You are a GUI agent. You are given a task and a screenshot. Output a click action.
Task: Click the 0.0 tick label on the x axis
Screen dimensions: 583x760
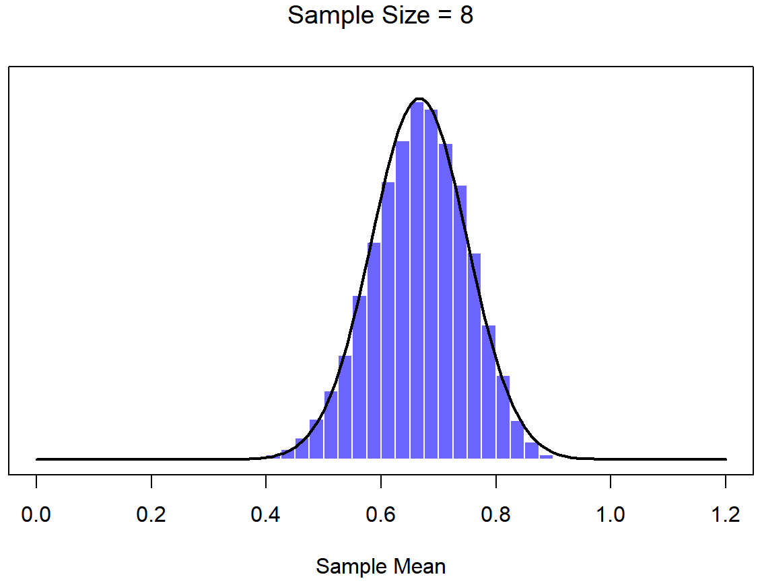36,515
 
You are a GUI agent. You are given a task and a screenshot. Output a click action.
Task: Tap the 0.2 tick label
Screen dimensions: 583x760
151,515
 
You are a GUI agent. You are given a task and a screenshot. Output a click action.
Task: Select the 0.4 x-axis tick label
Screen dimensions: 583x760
266,515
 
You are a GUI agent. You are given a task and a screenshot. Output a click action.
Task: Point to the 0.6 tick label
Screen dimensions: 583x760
381,515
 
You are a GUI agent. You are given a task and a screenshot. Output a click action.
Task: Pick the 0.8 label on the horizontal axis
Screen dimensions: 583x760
496,515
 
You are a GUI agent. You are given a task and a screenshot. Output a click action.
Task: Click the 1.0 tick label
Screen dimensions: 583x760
611,515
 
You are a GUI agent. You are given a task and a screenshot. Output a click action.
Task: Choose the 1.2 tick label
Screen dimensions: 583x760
726,515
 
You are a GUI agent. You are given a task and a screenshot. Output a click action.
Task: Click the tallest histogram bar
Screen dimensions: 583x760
417,282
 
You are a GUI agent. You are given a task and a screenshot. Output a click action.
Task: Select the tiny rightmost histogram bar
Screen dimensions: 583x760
546,457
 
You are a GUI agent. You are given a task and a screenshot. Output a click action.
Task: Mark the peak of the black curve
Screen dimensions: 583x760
419,99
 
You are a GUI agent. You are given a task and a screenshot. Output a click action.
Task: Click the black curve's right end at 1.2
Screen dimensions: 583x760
726,459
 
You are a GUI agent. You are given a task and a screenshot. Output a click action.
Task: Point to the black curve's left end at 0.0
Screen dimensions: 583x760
37,459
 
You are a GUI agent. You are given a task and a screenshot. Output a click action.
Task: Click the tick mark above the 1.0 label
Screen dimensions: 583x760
611,481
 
